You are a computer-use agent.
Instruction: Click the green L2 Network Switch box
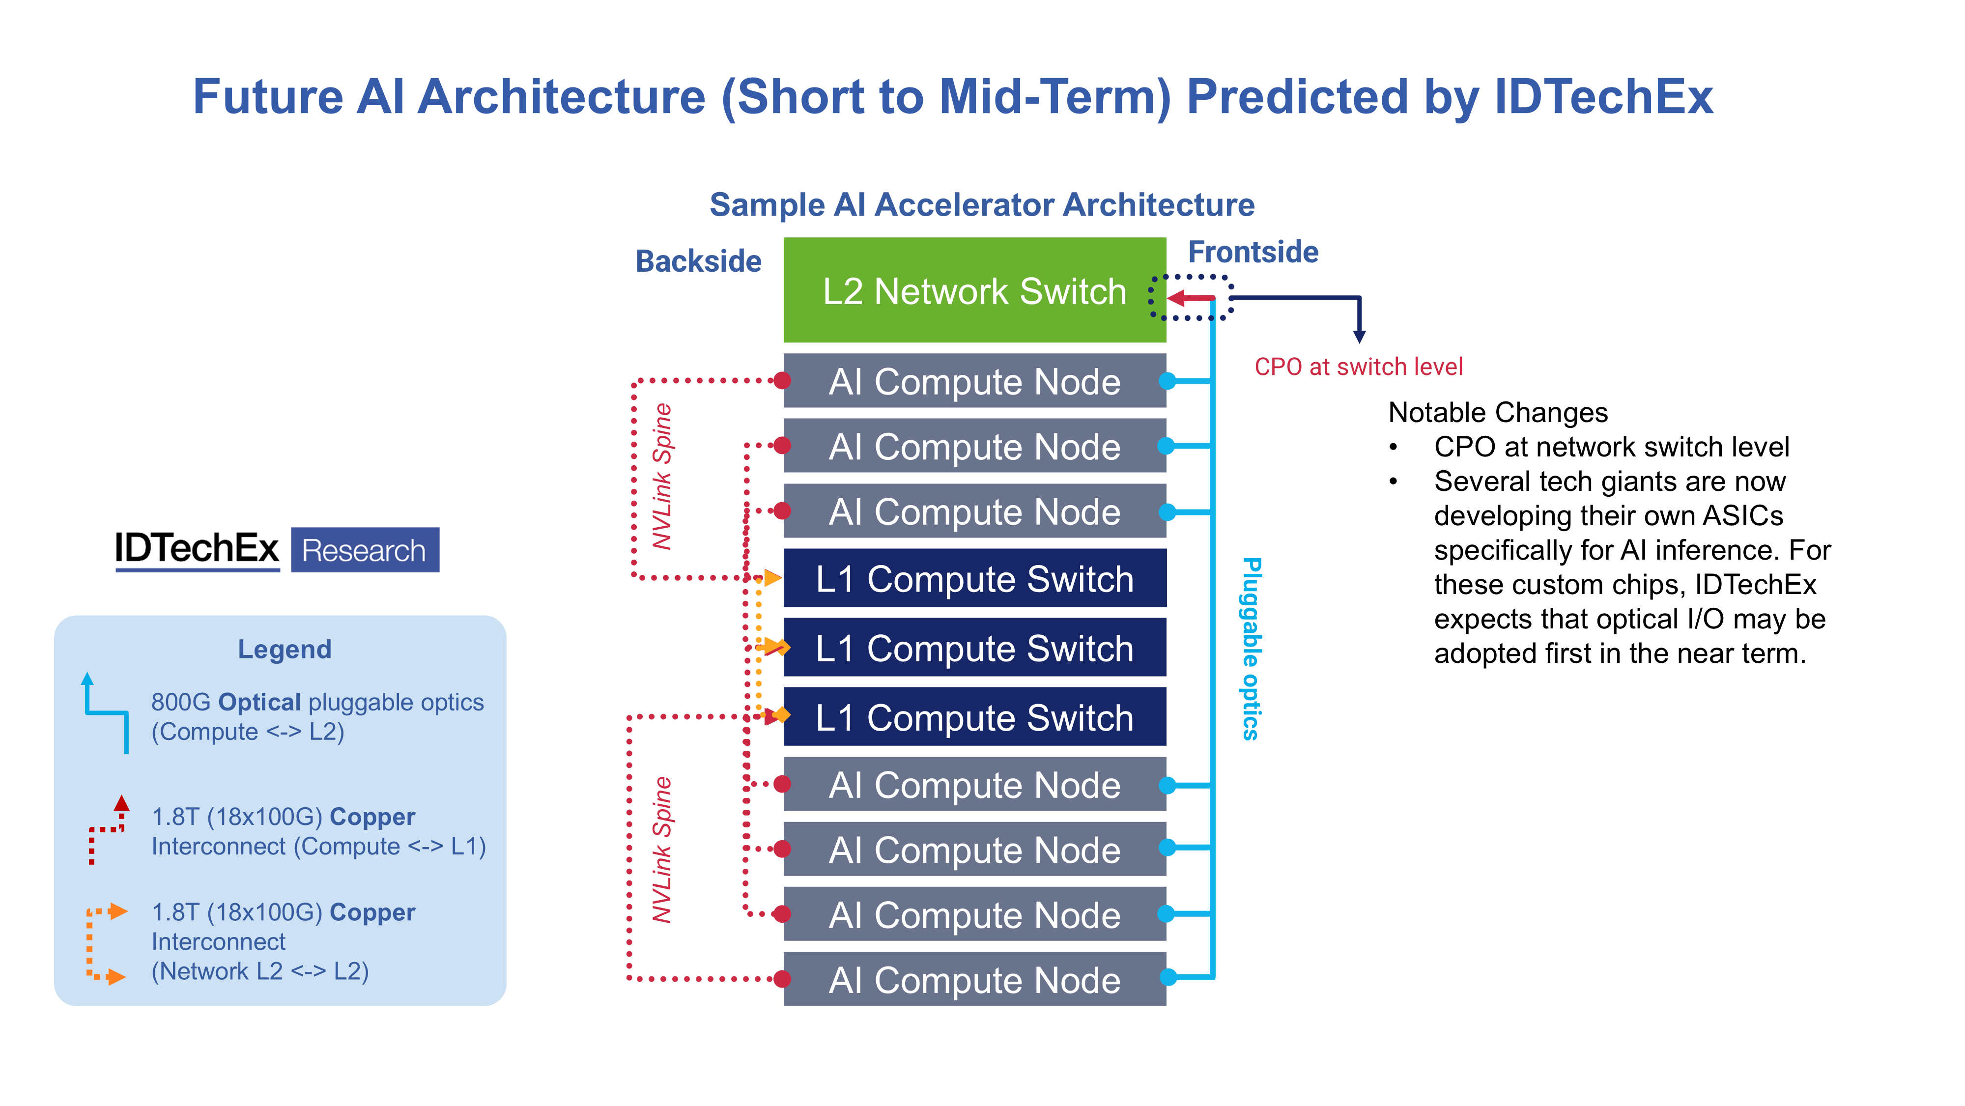coord(973,290)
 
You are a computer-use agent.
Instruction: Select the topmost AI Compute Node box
coord(973,381)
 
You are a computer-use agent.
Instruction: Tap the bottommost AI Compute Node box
coord(973,979)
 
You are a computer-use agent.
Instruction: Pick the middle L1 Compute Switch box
coord(973,648)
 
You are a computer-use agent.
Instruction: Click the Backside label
coord(698,261)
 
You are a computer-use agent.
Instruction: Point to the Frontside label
coord(1253,252)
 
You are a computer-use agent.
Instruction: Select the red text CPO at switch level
coord(1358,367)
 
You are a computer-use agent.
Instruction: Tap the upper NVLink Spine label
coord(662,477)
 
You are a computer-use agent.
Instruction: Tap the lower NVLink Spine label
coord(662,849)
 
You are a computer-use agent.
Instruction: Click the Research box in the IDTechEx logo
coord(365,550)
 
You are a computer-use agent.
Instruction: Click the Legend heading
coord(285,649)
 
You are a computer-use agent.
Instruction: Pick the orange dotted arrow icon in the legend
coord(105,943)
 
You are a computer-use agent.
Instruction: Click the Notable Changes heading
coord(1497,413)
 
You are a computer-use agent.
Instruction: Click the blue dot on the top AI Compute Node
coord(1167,381)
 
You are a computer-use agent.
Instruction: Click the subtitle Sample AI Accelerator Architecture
coord(982,204)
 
